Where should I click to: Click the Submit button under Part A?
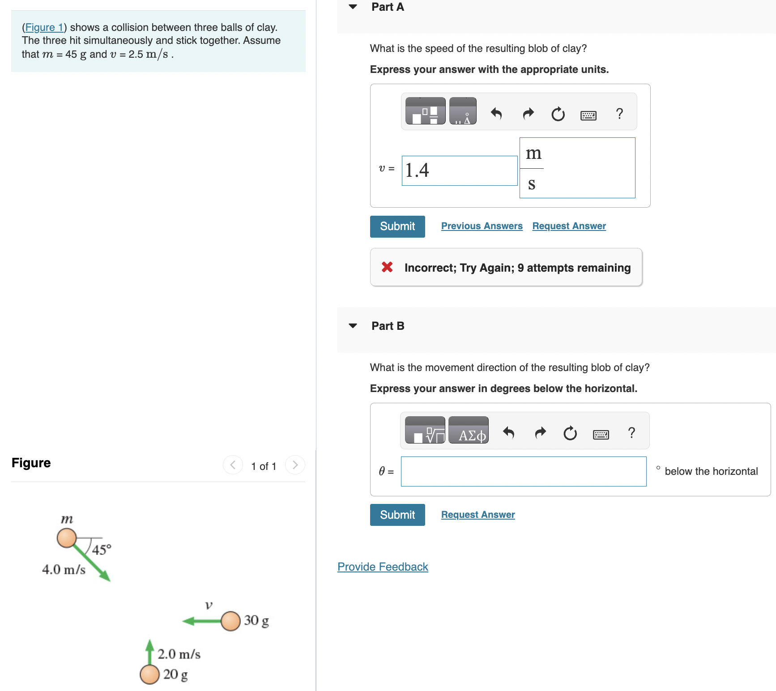(x=397, y=226)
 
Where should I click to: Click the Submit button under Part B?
(x=397, y=515)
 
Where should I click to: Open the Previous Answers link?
(x=482, y=226)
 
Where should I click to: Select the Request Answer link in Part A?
(x=569, y=226)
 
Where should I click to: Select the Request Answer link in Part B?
(x=478, y=515)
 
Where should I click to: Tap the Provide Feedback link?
(x=383, y=567)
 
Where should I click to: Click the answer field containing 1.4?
(x=459, y=171)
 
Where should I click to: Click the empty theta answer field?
(x=523, y=471)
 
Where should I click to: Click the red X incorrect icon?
(x=387, y=267)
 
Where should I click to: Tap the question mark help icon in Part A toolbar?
(x=619, y=114)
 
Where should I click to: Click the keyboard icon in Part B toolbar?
(x=601, y=434)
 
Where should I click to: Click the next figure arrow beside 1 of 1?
(x=295, y=465)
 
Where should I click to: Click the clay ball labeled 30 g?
(x=230, y=621)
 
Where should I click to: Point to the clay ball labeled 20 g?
(x=149, y=674)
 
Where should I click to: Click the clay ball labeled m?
(x=67, y=538)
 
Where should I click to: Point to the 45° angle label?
(x=102, y=550)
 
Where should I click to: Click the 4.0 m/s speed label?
(x=64, y=569)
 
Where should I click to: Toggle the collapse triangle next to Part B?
(x=353, y=326)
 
